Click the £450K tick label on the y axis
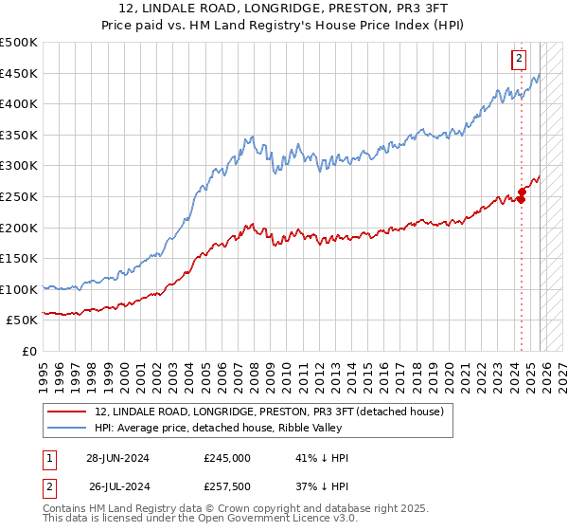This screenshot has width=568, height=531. (19, 73)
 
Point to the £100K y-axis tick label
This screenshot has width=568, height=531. (19, 289)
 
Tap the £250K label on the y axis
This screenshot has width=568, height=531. (19, 196)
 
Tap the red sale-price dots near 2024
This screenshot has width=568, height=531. (522, 195)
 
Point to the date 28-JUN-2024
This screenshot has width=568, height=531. (117, 458)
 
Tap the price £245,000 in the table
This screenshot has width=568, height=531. (227, 458)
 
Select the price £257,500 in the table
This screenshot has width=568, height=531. (227, 486)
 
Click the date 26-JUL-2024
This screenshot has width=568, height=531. (117, 486)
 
